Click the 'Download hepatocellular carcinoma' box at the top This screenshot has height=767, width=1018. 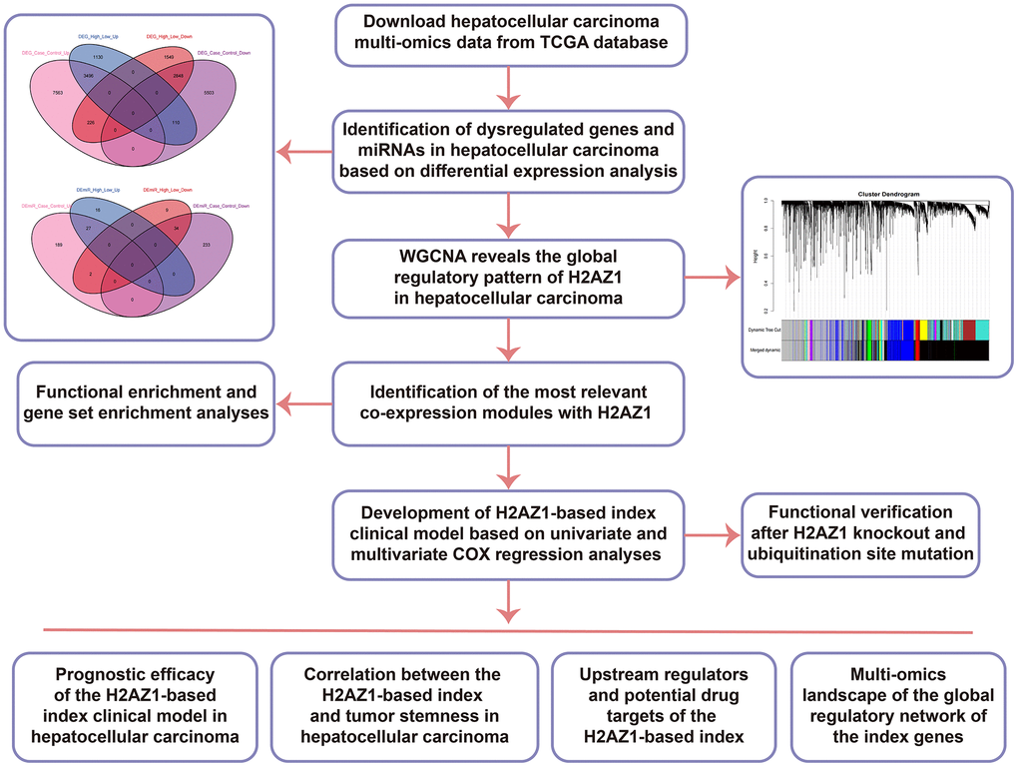[508, 36]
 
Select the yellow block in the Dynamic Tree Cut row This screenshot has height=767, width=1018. [923, 329]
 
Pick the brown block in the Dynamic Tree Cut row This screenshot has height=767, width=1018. [969, 329]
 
